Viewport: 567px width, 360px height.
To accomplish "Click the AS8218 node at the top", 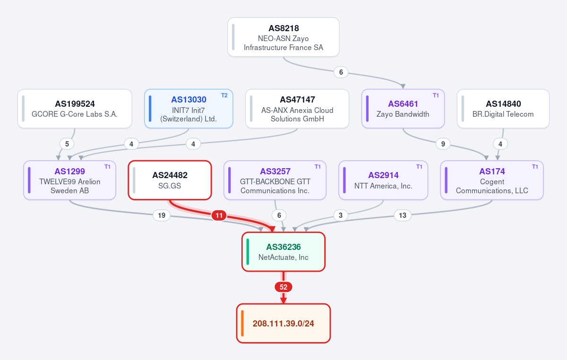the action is tap(283, 37).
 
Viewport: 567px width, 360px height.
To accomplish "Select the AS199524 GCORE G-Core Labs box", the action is tap(75, 109).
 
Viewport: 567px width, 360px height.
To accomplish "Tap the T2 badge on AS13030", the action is tap(224, 95).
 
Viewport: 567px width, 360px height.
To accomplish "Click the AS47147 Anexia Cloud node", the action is tap(297, 109).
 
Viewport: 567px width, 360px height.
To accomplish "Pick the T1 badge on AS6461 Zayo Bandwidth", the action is tap(436, 95).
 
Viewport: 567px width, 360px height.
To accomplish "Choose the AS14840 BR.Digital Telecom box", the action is tap(503, 109).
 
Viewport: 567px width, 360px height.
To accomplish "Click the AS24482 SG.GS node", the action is tap(170, 180).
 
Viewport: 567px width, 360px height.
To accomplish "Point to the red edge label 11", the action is tap(219, 215).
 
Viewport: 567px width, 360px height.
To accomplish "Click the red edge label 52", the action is tap(283, 287).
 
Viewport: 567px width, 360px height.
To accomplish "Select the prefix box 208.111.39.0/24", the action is tap(283, 323).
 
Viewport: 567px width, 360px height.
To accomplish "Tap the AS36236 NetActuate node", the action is tap(283, 252).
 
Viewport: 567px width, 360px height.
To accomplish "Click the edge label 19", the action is tap(162, 215).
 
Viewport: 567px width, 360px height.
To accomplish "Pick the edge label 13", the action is tap(403, 215).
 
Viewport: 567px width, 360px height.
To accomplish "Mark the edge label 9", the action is tap(443, 144).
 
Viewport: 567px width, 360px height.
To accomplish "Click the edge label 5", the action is tap(67, 144).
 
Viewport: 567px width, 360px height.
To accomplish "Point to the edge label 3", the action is tap(341, 215).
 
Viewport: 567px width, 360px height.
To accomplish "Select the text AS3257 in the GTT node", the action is tap(275, 171).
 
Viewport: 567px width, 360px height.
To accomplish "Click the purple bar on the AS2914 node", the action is tap(344, 180).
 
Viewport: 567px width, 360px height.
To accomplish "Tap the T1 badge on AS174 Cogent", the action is tap(535, 167).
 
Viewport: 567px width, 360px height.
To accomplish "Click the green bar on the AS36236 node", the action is tap(248, 252).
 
